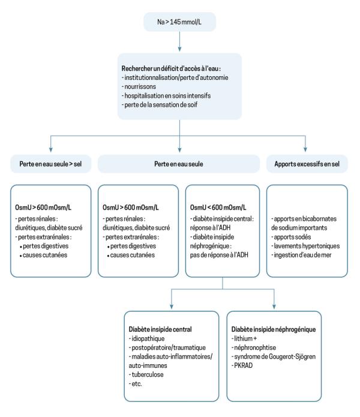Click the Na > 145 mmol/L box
(180, 22)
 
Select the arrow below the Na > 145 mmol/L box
(180, 41)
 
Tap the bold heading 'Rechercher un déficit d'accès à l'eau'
(171, 68)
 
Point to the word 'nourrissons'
(140, 86)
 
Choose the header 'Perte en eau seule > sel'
(51, 164)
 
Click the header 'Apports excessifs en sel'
(307, 164)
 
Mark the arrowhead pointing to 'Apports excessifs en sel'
(305, 149)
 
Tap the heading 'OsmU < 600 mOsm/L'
(218, 208)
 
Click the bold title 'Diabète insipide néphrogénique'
(274, 329)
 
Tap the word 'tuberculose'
(148, 374)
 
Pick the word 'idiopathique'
(148, 338)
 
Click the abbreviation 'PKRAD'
(243, 365)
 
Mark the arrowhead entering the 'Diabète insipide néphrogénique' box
(274, 307)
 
